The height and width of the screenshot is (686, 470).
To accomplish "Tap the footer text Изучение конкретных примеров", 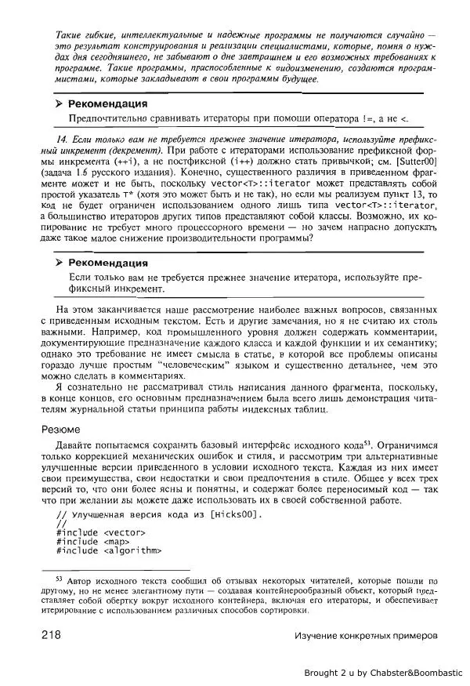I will point(363,635).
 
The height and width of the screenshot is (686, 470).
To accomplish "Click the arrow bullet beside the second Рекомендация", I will point(58,263).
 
